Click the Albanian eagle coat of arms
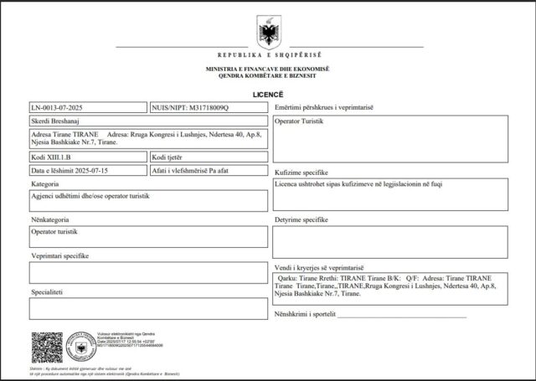[x=268, y=33]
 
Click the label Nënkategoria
[x=51, y=219]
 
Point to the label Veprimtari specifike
[x=59, y=255]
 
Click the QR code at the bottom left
[x=48, y=347]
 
